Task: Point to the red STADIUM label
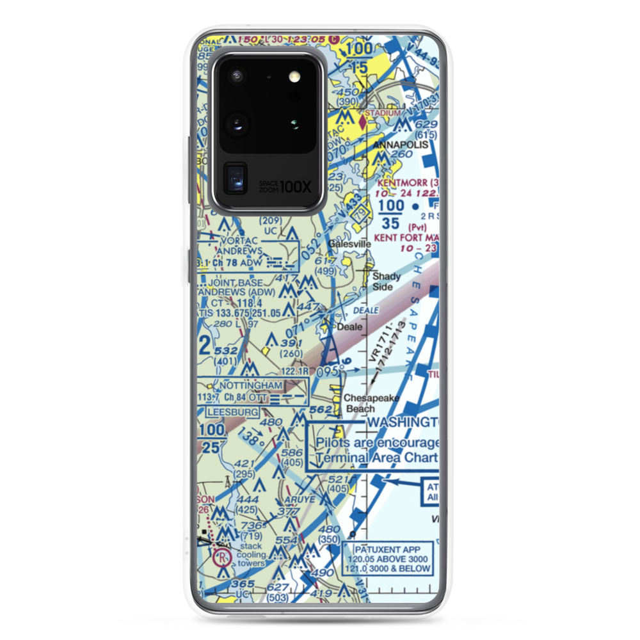point(383,113)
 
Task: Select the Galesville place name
point(349,244)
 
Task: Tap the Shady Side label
point(387,282)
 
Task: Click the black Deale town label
point(349,326)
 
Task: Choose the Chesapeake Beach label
point(372,403)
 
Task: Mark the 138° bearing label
point(250,440)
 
